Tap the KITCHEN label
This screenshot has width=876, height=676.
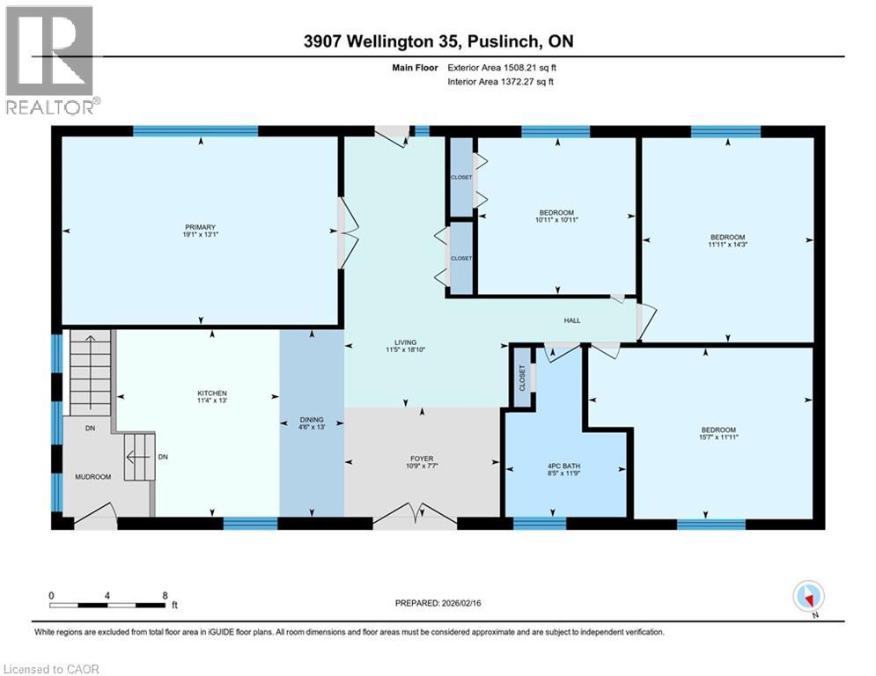(212, 393)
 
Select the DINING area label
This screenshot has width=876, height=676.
(312, 420)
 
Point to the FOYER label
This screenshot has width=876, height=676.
(423, 458)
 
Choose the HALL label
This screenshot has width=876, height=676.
(572, 320)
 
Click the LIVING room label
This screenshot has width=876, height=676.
(406, 342)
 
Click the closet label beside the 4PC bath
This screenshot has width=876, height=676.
(522, 378)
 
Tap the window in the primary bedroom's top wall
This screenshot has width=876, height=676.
(195, 131)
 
